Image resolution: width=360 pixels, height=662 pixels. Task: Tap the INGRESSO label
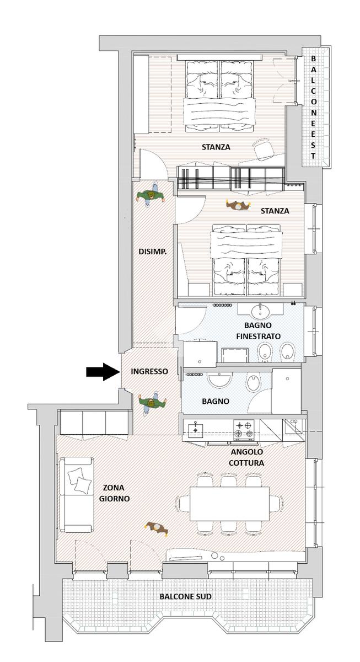pos(149,371)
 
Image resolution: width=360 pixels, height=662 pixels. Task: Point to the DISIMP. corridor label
pos(153,252)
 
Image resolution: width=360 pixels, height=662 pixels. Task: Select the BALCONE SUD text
pos(185,596)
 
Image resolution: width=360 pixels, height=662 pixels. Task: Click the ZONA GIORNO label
pos(114,493)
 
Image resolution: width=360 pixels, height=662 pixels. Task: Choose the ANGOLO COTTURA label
pos(246,457)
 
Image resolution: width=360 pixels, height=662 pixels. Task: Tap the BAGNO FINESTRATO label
pos(258,330)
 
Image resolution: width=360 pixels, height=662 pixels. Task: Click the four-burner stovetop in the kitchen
pos(244,429)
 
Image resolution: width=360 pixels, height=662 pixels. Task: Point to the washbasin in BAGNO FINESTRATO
pos(260,311)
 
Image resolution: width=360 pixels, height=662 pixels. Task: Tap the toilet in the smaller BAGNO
pos(253,383)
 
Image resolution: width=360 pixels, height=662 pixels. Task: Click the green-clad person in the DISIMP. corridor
pos(151,196)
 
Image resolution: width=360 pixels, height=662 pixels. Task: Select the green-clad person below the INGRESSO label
pos(152,403)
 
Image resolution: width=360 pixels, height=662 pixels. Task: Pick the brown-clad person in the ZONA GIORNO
pos(157,528)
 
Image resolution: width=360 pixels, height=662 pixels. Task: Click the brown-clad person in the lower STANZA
pos(238,205)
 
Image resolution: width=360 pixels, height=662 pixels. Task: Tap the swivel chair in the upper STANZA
pos(262,150)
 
